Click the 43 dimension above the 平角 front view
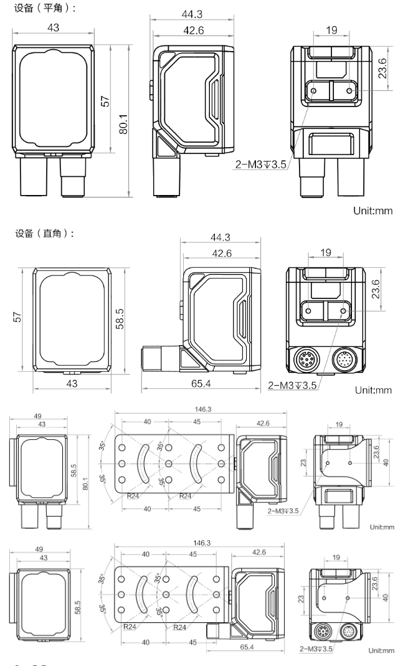54,27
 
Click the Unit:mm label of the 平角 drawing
376,211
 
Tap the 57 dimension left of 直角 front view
19,318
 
